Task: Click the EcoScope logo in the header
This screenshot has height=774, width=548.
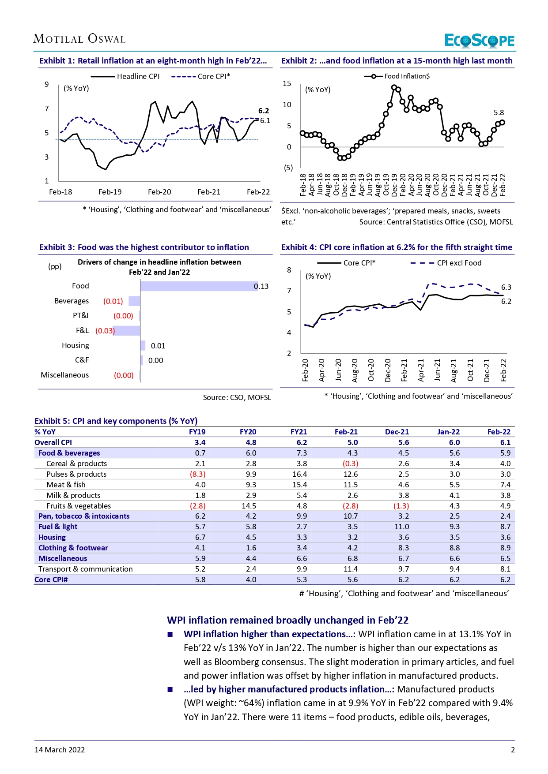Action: (479, 41)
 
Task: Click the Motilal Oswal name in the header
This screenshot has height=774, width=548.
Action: (79, 39)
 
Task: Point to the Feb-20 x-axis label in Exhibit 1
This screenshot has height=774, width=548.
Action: (159, 192)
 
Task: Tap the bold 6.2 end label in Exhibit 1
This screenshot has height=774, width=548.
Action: (264, 111)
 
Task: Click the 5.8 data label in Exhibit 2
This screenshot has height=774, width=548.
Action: (499, 112)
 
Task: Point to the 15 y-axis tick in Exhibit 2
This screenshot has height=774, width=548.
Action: (287, 83)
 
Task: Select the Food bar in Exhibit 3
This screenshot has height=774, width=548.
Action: (199, 286)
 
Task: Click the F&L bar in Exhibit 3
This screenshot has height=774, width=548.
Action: (127, 330)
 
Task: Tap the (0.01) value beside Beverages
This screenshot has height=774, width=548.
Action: (113, 301)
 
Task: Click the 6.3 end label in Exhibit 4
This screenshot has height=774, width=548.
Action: (506, 287)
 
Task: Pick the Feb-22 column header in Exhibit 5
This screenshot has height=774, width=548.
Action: (499, 432)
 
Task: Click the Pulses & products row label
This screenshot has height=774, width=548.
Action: (76, 474)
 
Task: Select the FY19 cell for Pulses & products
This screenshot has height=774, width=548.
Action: (198, 474)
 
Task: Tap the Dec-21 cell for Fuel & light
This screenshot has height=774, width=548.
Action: (401, 527)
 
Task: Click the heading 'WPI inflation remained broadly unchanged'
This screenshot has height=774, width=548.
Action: (287, 620)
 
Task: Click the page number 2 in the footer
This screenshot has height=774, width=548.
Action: (513, 750)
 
